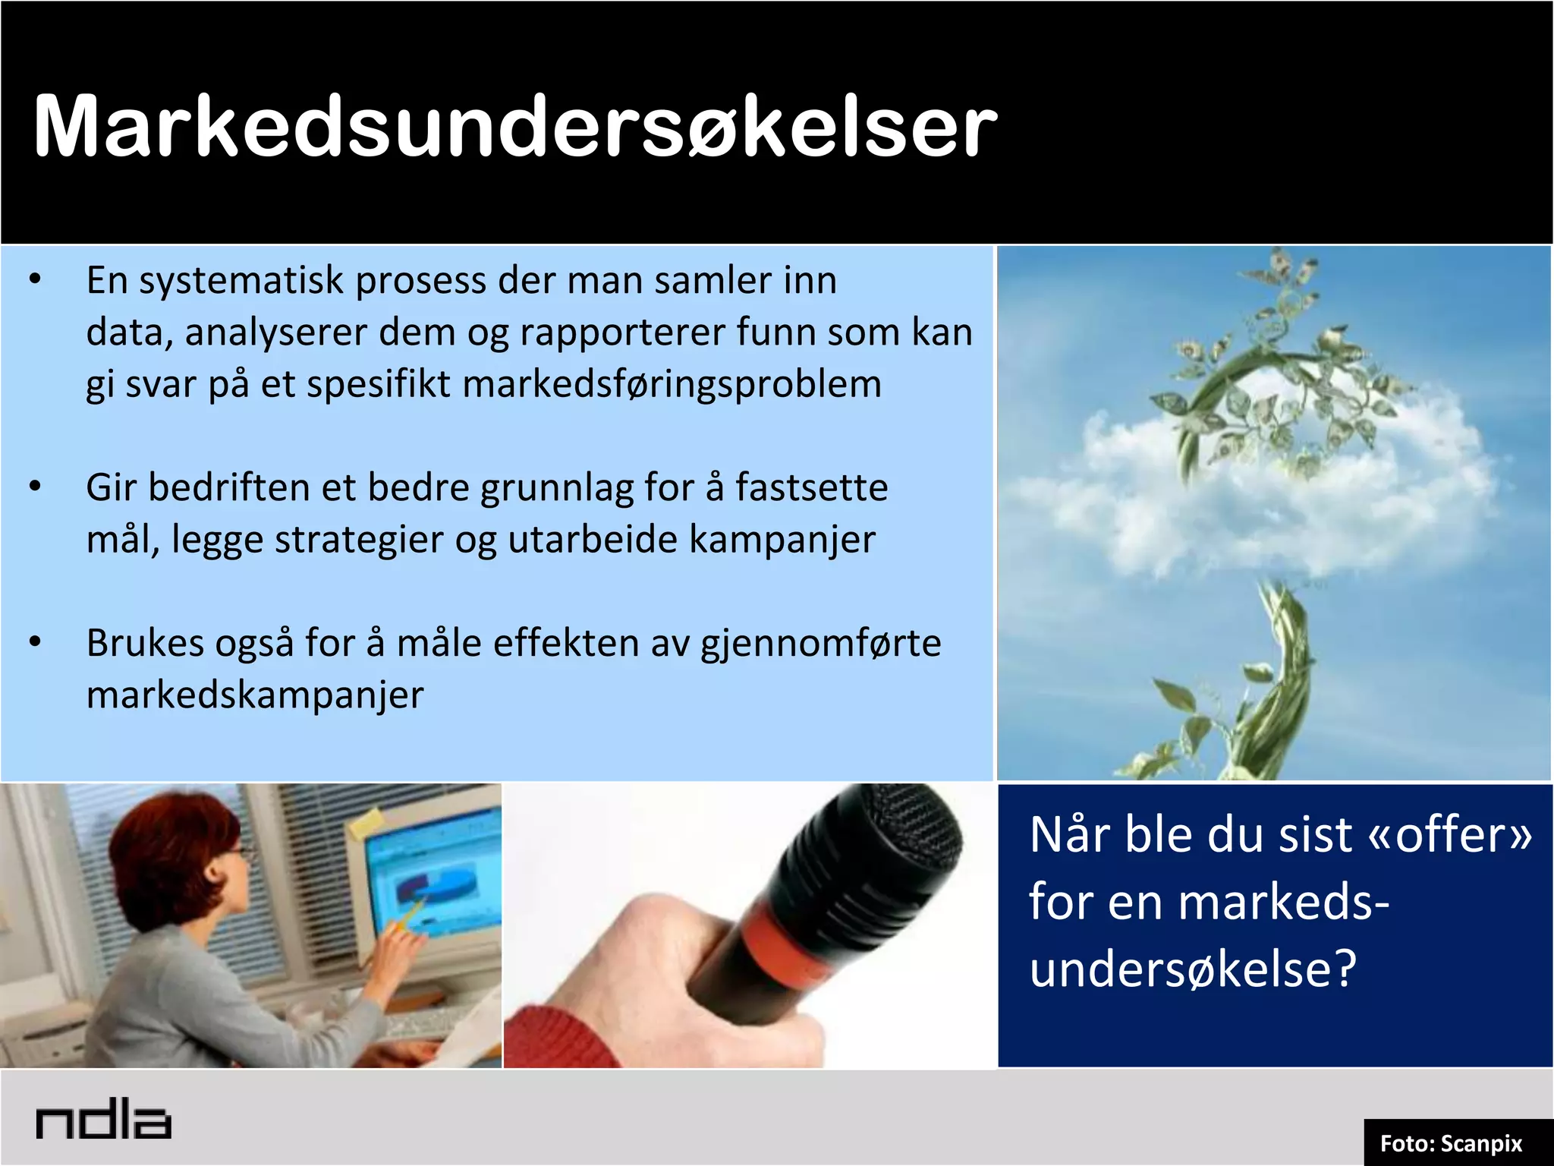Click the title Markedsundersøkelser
pyautogui.click(x=514, y=127)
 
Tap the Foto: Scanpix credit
pyautogui.click(x=1451, y=1143)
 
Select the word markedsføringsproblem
pyautogui.click(x=672, y=384)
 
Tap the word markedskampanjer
pyautogui.click(x=255, y=695)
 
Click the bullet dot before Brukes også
pyautogui.click(x=35, y=642)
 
